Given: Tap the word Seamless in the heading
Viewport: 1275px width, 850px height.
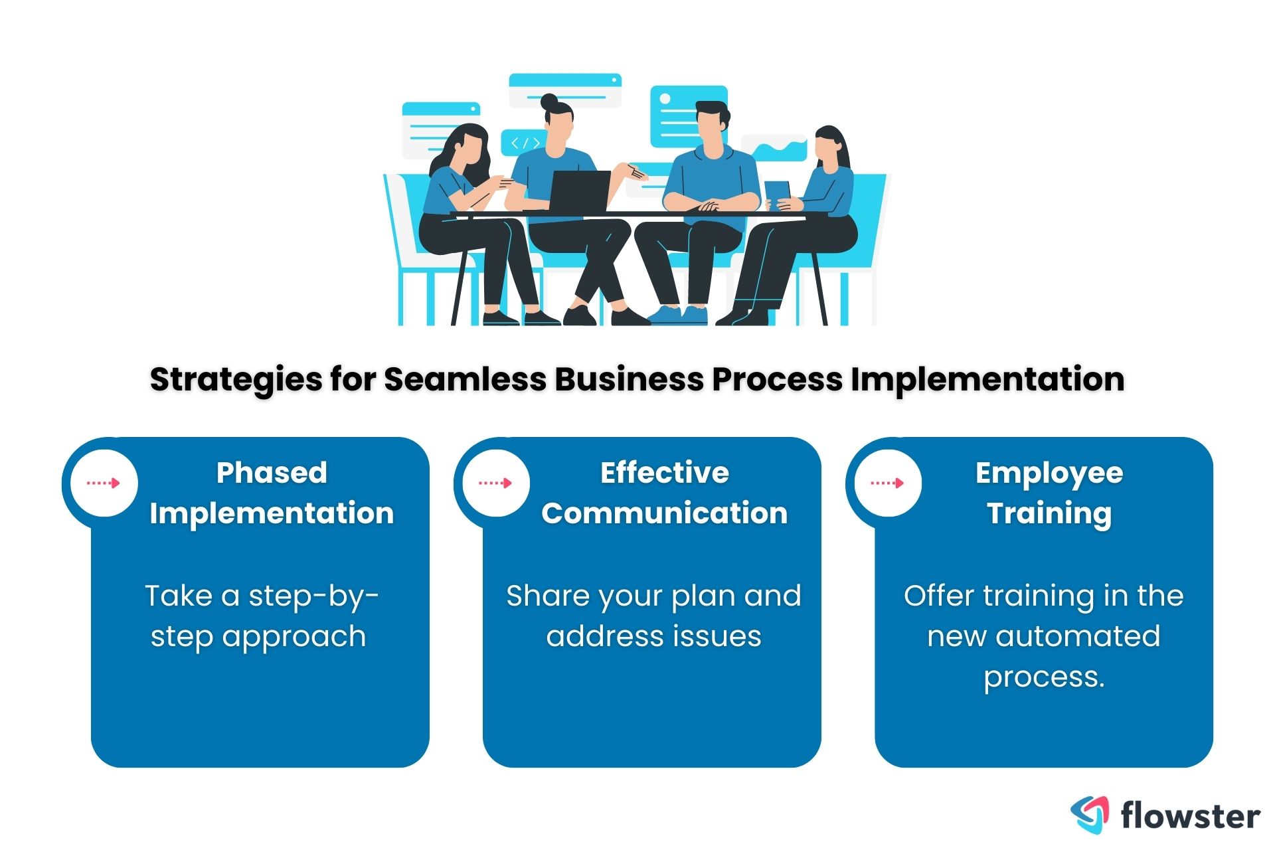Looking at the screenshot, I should click(x=466, y=380).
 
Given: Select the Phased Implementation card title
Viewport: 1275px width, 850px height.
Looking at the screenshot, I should click(x=272, y=493).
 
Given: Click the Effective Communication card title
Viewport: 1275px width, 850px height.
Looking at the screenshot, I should click(x=664, y=493).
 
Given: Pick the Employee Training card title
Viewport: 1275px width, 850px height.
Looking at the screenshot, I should click(x=1049, y=493).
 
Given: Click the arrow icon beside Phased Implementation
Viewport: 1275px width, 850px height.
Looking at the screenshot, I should click(x=104, y=483).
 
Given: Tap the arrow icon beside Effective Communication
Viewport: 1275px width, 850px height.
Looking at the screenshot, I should click(x=495, y=483).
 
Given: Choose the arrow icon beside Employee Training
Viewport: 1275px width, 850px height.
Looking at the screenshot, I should click(x=887, y=483).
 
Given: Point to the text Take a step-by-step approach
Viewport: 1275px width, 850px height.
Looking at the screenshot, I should click(x=260, y=616).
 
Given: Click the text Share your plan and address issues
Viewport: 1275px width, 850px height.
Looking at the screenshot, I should click(x=653, y=616).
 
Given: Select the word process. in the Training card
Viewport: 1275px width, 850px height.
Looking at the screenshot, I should click(x=1044, y=677).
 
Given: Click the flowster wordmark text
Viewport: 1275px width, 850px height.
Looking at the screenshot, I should click(x=1190, y=815).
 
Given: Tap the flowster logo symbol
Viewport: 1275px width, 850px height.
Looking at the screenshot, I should click(x=1090, y=814).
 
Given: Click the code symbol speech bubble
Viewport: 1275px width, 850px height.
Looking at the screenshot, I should click(x=524, y=143).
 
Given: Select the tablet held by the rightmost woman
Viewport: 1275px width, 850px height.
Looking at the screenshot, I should click(x=777, y=191).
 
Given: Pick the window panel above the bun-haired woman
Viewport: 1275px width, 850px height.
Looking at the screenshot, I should click(x=564, y=90).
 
